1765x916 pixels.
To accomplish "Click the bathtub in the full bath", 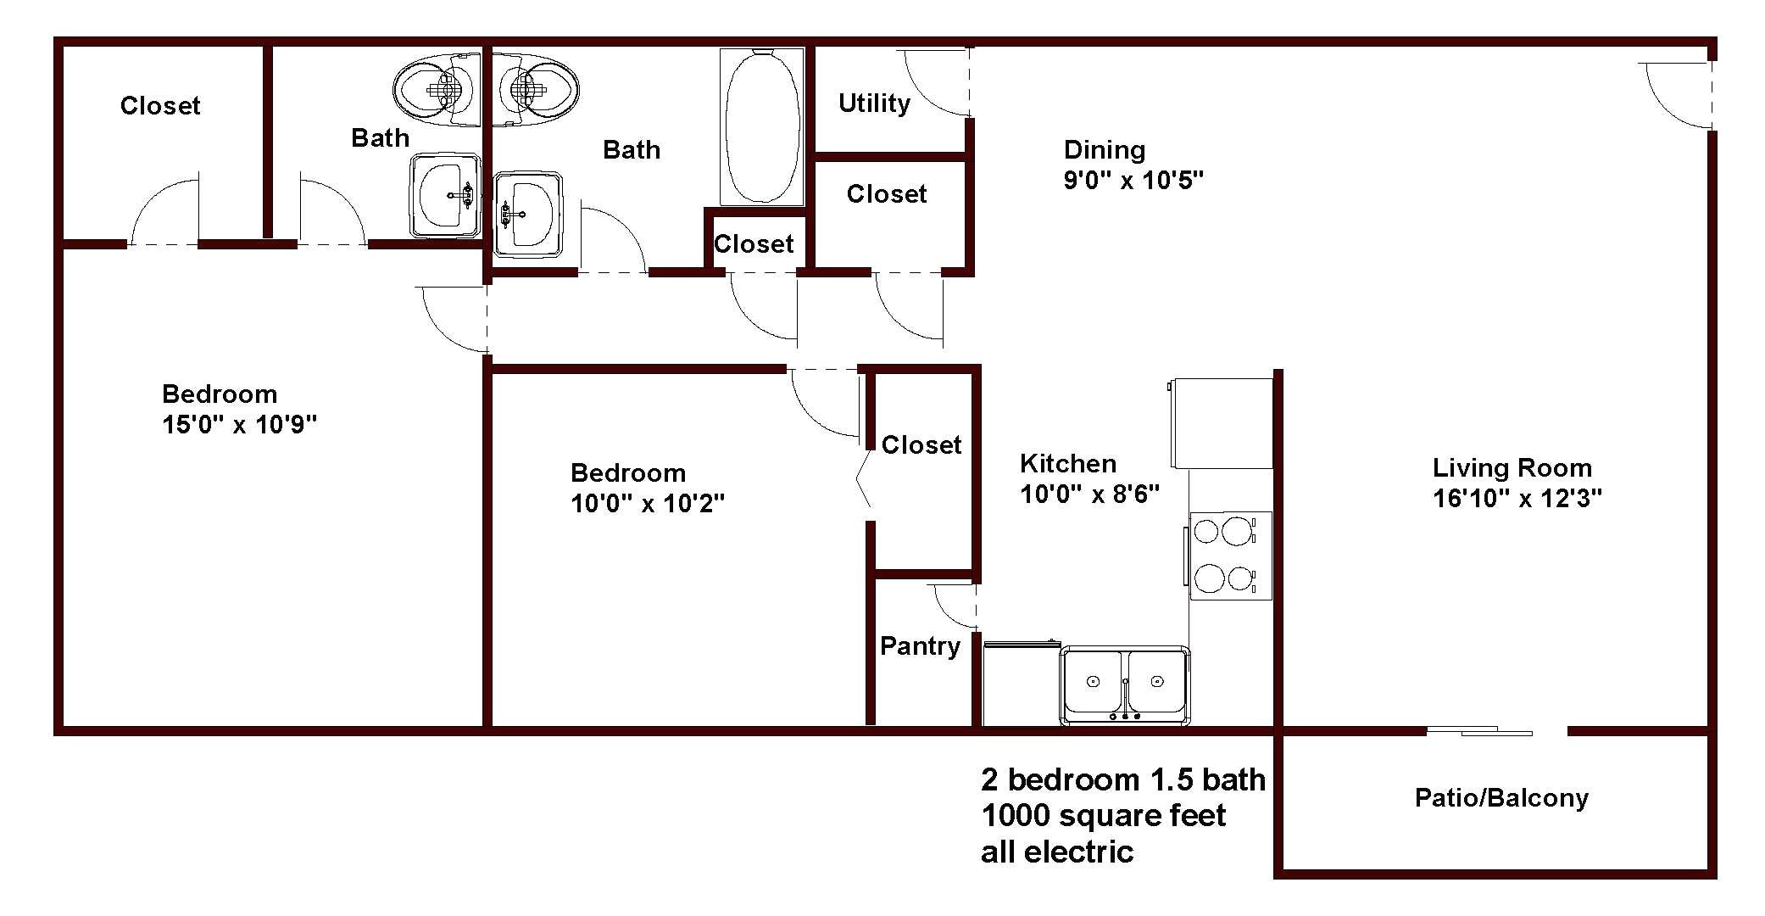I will tap(761, 126).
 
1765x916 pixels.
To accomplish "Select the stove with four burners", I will tap(1230, 556).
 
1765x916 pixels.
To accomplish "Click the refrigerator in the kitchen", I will tap(1222, 422).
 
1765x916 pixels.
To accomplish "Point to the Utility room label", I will tap(874, 103).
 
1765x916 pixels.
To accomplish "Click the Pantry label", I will tap(920, 646).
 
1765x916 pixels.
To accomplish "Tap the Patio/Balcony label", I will tap(1501, 798).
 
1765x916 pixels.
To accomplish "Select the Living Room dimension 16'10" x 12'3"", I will tap(1517, 498).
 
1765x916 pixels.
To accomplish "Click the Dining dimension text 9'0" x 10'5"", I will tap(1133, 180).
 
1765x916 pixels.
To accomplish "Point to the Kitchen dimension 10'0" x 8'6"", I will tap(1089, 494).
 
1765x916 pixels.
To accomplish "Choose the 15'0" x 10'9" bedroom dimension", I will tap(239, 424).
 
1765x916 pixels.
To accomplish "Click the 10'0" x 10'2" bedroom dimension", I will tap(647, 503).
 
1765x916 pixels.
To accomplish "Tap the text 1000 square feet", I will tap(1103, 816).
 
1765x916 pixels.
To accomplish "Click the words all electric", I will tap(1056, 852).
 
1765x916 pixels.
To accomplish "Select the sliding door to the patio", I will tap(1479, 731).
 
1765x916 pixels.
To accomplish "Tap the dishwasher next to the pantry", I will tap(1021, 684).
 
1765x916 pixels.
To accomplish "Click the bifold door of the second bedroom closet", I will tap(864, 483).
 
